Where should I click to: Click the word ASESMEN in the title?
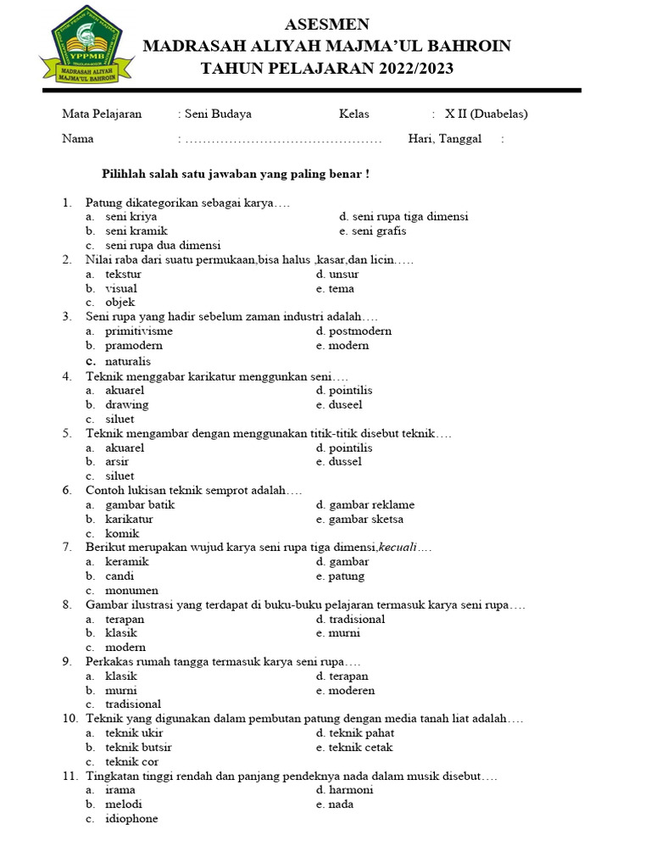tap(326, 24)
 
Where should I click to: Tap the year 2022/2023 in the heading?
tap(411, 69)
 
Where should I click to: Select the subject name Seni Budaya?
tap(218, 114)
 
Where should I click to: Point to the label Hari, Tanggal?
tap(444, 139)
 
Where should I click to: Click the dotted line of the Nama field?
tap(283, 140)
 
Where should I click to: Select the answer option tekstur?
tap(123, 275)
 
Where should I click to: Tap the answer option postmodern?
tap(359, 331)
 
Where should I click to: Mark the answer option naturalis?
tap(128, 361)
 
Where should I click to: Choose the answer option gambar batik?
tap(140, 505)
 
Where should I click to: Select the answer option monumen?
tap(131, 591)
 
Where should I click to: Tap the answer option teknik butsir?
tap(138, 748)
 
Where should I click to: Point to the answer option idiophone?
tap(131, 819)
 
